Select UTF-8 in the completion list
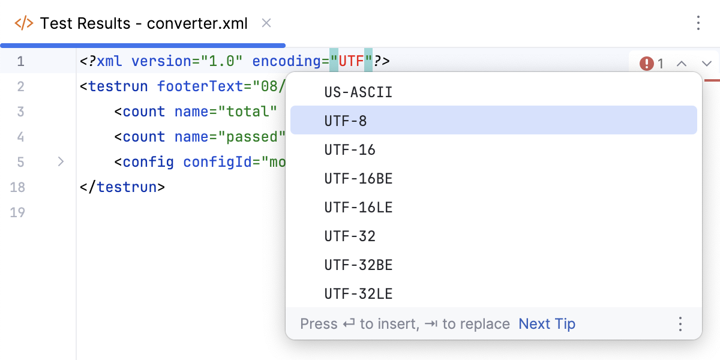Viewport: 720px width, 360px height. (346, 121)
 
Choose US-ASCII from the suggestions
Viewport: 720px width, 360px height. (358, 92)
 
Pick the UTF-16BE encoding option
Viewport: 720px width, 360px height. (358, 178)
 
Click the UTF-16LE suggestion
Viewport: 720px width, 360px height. (358, 207)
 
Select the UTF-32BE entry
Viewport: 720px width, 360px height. (358, 265)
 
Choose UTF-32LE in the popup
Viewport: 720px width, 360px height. (358, 293)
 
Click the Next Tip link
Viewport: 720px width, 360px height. (547, 324)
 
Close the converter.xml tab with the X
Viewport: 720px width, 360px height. (267, 23)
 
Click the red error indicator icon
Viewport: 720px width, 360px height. (646, 63)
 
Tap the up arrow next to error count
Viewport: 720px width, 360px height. (682, 63)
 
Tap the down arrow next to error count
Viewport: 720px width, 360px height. (706, 63)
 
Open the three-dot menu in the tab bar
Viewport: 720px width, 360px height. (698, 23)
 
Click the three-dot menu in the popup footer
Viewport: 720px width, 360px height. (680, 324)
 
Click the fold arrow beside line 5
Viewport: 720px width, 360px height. (61, 161)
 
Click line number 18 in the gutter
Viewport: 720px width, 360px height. (17, 187)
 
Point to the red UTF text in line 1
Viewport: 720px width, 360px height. (352, 61)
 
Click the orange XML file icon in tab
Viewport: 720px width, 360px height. (24, 23)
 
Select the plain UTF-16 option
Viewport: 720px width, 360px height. (350, 149)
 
